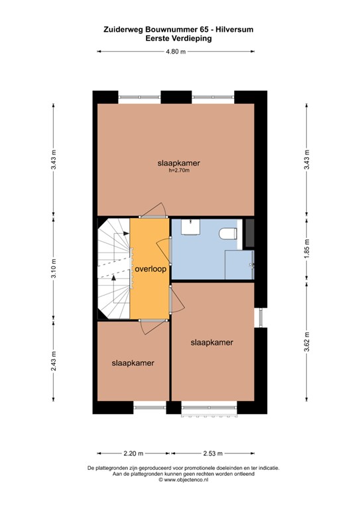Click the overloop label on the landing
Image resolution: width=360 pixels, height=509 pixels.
149,270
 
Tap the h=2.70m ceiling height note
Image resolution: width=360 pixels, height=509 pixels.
179,170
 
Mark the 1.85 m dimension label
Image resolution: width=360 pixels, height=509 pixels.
306,249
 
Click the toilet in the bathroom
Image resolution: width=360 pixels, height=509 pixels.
229,233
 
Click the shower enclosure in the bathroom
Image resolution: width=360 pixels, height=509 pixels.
239,266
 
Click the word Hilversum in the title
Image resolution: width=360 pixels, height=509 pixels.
233,29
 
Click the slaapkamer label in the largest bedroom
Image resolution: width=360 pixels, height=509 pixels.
179,162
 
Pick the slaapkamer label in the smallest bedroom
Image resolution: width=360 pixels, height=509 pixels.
133,363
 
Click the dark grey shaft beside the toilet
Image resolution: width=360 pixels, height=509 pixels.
250,233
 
